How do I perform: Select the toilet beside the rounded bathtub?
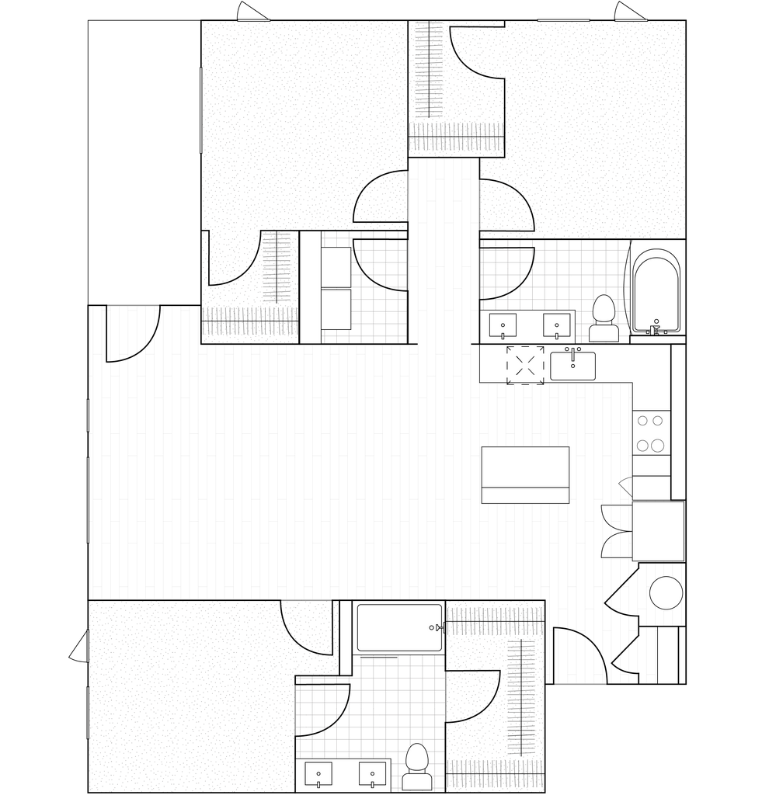point(604,319)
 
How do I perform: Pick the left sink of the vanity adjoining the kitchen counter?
point(503,326)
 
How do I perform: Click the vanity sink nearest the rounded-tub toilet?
point(557,326)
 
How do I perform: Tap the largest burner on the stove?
point(657,446)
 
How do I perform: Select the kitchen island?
point(525,474)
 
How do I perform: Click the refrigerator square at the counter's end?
point(658,531)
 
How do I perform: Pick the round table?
point(666,593)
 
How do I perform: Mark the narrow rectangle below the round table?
point(671,654)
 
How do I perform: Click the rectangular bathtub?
point(398,627)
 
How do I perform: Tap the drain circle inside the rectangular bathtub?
point(432,627)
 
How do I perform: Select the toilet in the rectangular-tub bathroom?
point(416,767)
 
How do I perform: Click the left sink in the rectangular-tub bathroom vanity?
point(318,775)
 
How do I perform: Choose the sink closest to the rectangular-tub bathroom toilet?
point(372,775)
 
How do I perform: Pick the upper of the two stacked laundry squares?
point(336,266)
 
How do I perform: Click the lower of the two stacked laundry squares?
point(336,309)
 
